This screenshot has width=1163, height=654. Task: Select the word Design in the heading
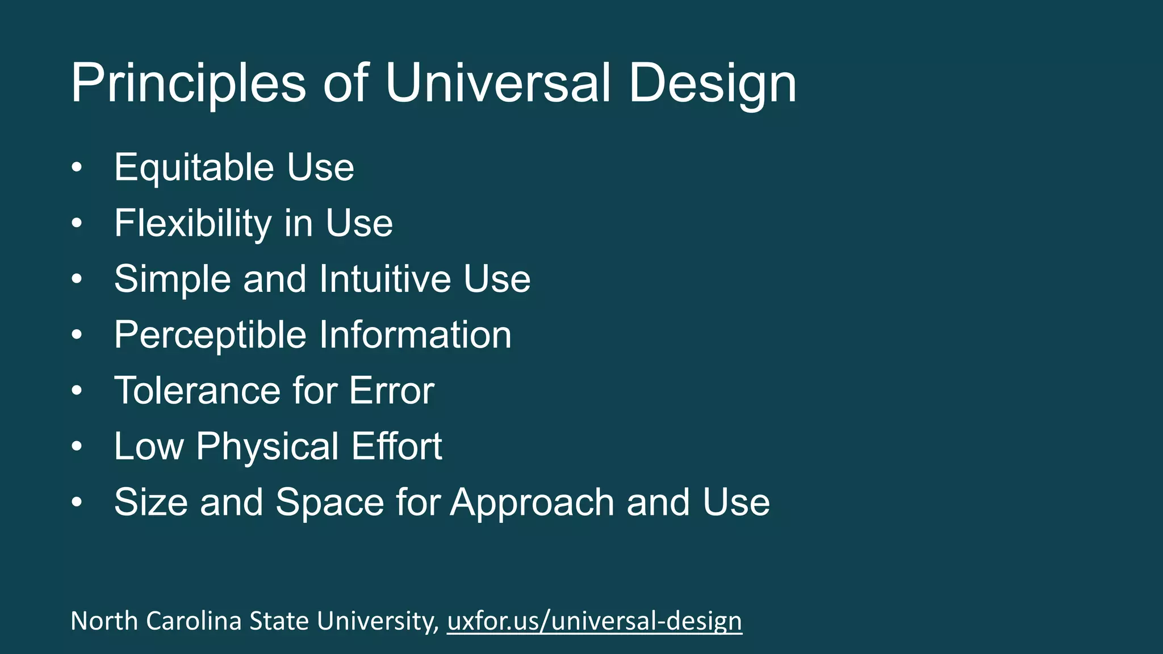pyautogui.click(x=712, y=83)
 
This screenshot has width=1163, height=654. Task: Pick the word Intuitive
pyautogui.click(x=385, y=279)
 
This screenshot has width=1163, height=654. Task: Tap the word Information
pyautogui.click(x=415, y=335)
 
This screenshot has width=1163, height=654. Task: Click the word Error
pyautogui.click(x=392, y=391)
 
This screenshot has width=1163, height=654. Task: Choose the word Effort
pyautogui.click(x=396, y=446)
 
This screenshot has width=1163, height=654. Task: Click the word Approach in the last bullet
pyautogui.click(x=533, y=502)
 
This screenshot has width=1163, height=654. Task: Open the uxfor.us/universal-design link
pyautogui.click(x=595, y=621)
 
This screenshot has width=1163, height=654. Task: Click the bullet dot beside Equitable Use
pyautogui.click(x=77, y=167)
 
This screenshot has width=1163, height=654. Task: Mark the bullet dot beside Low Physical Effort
pyautogui.click(x=77, y=447)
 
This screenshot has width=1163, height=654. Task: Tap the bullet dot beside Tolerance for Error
pyautogui.click(x=77, y=391)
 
